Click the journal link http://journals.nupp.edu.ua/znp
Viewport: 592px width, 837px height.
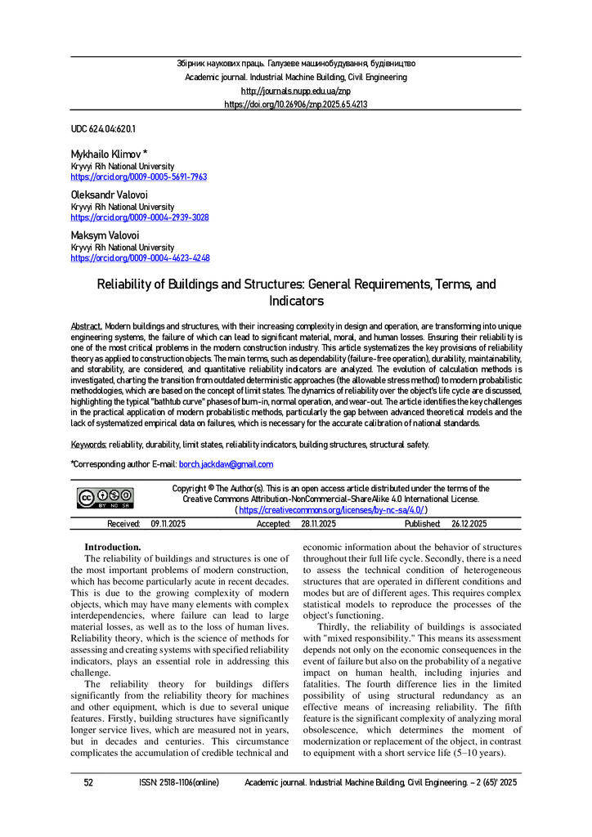coord(295,91)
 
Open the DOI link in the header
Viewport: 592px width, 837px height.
coord(295,105)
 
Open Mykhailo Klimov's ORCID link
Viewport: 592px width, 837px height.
coord(138,177)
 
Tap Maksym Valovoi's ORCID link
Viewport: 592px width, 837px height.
coord(140,257)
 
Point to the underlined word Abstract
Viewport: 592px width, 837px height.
coord(86,325)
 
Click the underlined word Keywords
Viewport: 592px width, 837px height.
coord(88,444)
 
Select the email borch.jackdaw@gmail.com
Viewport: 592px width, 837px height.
coord(226,464)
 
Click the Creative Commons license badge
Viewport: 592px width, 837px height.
coord(105,499)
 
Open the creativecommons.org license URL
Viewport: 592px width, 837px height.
coord(331,509)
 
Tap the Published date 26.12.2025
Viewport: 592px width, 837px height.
coord(469,524)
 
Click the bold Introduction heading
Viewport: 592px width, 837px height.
coord(113,547)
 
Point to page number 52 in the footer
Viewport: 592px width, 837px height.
coord(88,782)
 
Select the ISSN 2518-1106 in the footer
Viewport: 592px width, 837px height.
coord(179,782)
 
